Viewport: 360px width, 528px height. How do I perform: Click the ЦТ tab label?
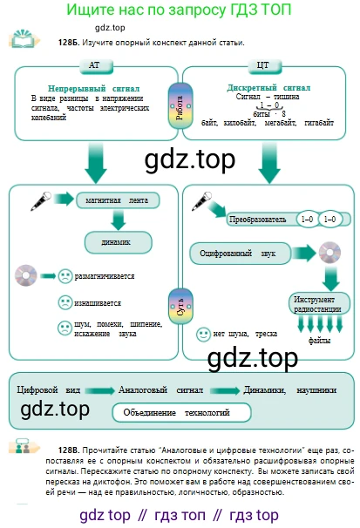coord(264,65)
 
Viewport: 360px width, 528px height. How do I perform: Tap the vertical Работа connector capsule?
coord(180,106)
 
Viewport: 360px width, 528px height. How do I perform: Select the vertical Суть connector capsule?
coord(180,307)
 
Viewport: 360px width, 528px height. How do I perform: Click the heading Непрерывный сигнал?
coord(93,88)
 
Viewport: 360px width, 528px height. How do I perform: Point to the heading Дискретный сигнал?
coord(268,87)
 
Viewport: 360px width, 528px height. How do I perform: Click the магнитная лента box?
coord(118,200)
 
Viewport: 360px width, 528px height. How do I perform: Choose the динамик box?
coord(118,242)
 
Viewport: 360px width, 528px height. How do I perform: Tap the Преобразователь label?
coord(258,220)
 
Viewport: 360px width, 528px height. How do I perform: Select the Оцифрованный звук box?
coord(240,254)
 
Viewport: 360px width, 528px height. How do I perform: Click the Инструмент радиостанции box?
coord(318,304)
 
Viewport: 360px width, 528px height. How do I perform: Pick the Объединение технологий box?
coord(181,412)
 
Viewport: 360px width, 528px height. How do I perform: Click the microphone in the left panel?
coord(41,201)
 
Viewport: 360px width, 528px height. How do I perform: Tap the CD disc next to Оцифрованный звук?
coord(329,253)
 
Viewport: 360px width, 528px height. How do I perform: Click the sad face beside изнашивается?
coord(65,302)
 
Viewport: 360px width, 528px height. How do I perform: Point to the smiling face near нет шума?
coord(203,335)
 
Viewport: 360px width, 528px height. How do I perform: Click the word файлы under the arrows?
coord(319,341)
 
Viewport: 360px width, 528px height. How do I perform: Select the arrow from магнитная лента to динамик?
coord(119,220)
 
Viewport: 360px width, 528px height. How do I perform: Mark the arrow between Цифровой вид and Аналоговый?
coord(99,390)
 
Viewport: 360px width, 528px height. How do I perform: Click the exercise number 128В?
coord(69,450)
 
